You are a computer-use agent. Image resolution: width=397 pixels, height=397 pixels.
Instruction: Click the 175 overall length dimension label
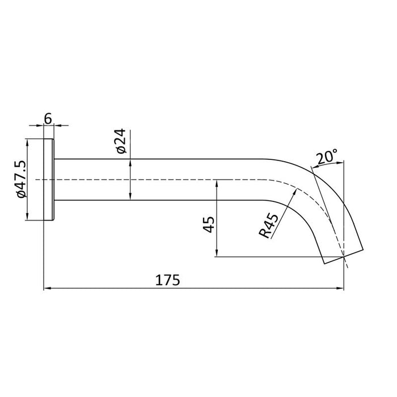pyautogui.click(x=167, y=280)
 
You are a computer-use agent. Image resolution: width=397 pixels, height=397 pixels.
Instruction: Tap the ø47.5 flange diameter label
pyautogui.click(x=21, y=179)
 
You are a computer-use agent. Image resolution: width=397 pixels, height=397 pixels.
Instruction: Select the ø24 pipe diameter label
pyautogui.click(x=120, y=141)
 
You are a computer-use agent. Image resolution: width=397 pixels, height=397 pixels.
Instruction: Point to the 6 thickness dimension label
pyautogui.click(x=48, y=119)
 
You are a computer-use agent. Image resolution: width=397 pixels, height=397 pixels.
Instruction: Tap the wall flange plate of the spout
pyautogui.click(x=49, y=180)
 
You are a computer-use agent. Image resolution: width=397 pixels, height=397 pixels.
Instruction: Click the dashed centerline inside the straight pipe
pyautogui.click(x=170, y=180)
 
